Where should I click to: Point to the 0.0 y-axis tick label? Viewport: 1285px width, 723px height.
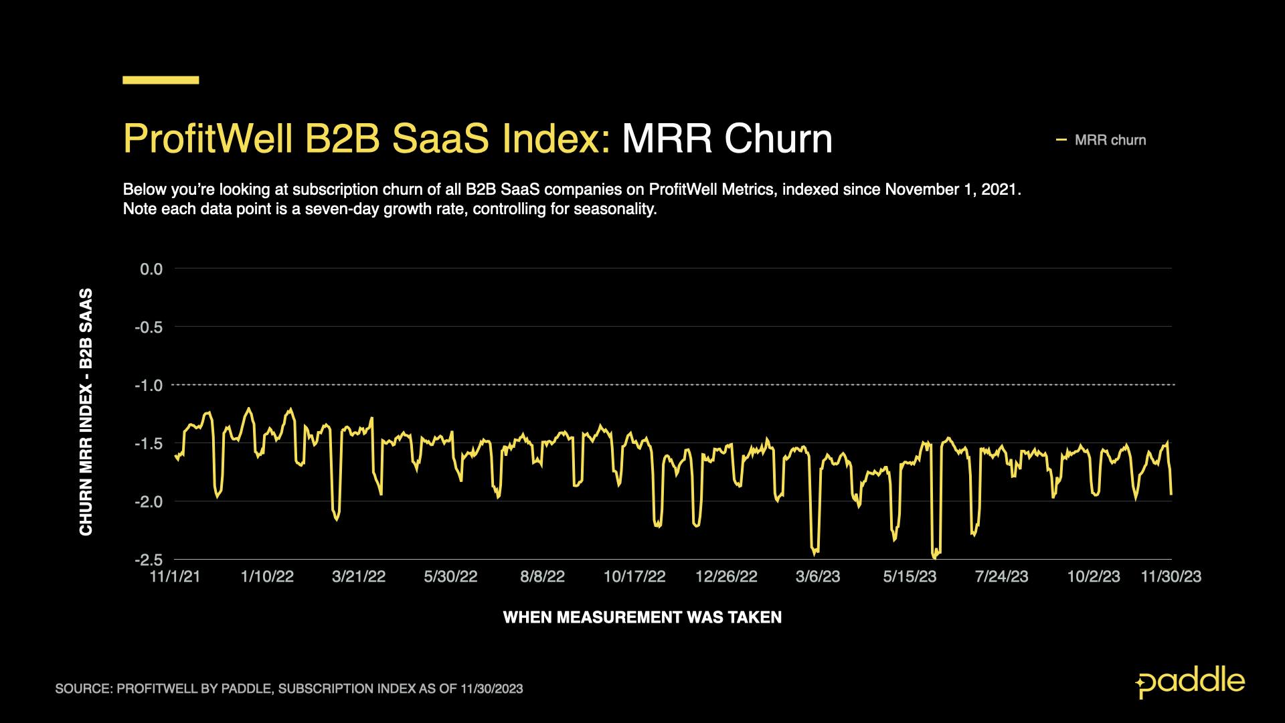tap(151, 269)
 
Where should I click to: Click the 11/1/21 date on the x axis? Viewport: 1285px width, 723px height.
tap(175, 577)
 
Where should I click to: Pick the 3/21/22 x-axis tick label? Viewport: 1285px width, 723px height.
tap(359, 577)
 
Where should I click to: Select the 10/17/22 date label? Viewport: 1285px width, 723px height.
tap(634, 577)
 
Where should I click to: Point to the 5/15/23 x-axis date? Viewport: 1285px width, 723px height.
tap(910, 577)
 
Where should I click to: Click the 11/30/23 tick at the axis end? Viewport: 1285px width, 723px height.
tap(1171, 577)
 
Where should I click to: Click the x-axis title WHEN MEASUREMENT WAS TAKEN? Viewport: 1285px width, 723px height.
tap(642, 617)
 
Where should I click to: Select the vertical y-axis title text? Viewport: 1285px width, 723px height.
tap(86, 412)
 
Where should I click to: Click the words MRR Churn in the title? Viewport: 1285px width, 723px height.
tap(727, 139)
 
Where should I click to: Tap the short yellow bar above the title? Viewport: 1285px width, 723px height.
tap(161, 80)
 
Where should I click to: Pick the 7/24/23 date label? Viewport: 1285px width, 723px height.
tap(1001, 577)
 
